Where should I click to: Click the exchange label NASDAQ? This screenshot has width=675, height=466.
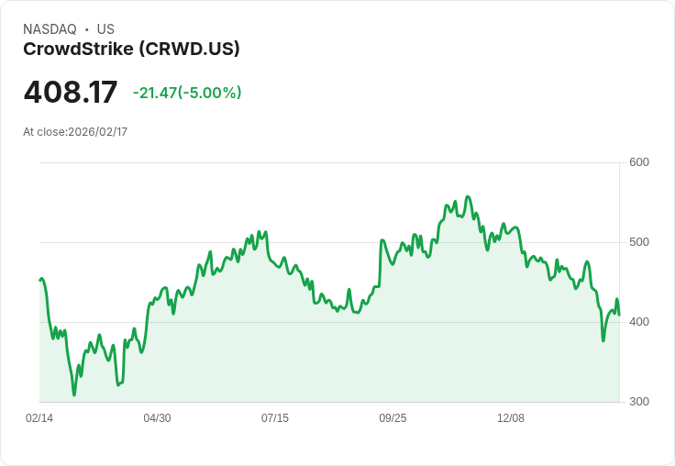[50, 29]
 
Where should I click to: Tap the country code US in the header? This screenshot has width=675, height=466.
[105, 29]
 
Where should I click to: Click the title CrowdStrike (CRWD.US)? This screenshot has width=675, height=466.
[131, 49]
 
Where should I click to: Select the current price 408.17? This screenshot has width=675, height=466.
[71, 93]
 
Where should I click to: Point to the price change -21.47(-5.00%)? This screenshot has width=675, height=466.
[187, 93]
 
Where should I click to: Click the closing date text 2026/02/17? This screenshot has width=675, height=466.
[97, 132]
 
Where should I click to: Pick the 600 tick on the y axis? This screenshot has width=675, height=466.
[639, 162]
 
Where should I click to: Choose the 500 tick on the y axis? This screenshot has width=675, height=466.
[639, 242]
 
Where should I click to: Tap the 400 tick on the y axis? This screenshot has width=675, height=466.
[639, 322]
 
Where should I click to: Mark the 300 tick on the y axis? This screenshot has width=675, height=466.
[639, 402]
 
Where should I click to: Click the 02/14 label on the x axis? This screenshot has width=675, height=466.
[39, 418]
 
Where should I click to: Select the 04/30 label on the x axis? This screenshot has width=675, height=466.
[157, 418]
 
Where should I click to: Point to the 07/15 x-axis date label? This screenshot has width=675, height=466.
[275, 418]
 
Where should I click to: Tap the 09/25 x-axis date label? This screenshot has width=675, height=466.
[393, 418]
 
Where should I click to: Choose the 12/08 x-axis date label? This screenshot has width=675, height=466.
[511, 418]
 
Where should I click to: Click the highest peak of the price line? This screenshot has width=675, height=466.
[468, 196]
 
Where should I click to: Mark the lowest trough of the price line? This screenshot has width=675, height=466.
[74, 394]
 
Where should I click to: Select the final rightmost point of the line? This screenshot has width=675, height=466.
[619, 315]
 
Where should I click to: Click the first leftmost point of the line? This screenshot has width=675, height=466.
[39, 280]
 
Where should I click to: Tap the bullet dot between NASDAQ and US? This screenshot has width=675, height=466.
[86, 29]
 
